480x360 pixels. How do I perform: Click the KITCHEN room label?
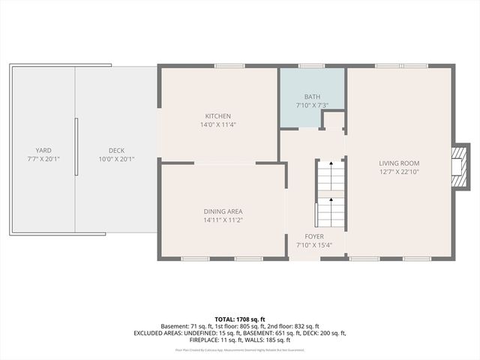[x=218, y=116]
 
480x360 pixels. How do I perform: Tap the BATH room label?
[x=312, y=97]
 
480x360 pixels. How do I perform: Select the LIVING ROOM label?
[x=398, y=163]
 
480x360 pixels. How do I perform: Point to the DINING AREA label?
[x=223, y=211]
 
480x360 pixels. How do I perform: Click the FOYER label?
[x=313, y=235]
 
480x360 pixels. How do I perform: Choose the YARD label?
[x=43, y=150]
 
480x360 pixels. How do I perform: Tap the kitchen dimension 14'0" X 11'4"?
[x=218, y=125]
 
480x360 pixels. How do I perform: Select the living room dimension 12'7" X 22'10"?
[x=398, y=172]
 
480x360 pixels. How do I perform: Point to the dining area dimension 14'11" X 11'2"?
[x=223, y=220]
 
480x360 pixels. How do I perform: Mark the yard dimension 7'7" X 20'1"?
[x=43, y=159]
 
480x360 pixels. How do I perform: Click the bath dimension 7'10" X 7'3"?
[x=312, y=106]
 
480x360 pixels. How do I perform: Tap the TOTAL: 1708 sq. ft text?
[x=239, y=319]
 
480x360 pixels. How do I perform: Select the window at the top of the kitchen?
[x=224, y=66]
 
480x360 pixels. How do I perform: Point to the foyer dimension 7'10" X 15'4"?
[x=313, y=244]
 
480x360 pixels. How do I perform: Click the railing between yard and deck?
[x=76, y=146]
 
